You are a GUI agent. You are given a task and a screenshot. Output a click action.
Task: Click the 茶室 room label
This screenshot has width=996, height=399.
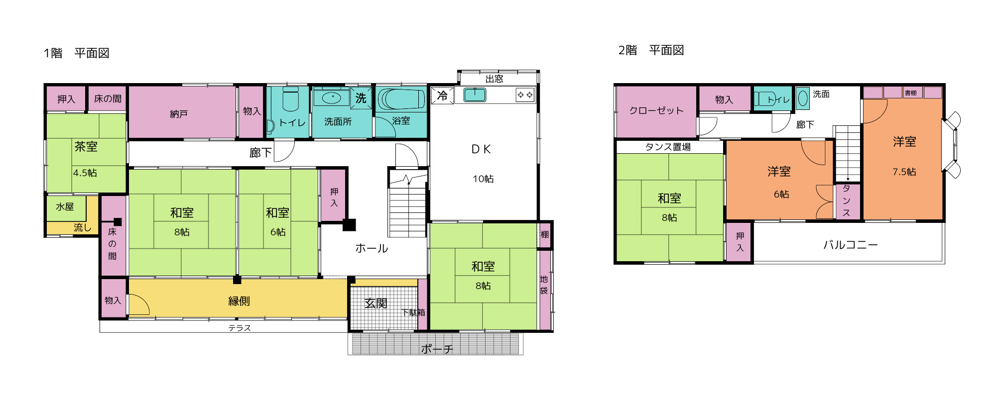click(x=86, y=147)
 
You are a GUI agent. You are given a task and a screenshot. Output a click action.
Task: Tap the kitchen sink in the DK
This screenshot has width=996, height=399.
click(x=475, y=95)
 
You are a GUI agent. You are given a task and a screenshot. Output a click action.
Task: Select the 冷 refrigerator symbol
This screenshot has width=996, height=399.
click(x=442, y=96)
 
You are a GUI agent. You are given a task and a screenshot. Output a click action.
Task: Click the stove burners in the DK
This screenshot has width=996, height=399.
click(x=525, y=95)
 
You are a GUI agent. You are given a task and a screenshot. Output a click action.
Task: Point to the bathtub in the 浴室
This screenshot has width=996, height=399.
click(x=401, y=100)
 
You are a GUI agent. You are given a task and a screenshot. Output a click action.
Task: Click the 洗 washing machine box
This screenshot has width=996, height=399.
click(x=361, y=98)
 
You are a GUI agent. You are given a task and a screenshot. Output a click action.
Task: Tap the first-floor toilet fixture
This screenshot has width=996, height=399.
click(x=290, y=99)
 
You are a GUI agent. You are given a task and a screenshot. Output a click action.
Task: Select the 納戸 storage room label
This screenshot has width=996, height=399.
click(x=179, y=114)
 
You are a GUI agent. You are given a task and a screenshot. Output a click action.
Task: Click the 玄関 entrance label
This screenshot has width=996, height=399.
click(x=375, y=303)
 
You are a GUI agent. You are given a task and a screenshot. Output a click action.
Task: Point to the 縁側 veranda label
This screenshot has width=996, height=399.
click(x=239, y=301)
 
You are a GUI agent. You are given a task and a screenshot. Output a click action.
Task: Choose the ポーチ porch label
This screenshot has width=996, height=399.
click(x=437, y=349)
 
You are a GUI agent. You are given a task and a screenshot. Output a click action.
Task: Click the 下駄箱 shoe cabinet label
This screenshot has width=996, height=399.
click(x=413, y=312)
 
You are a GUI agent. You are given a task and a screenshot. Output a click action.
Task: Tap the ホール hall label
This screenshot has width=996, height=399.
click(x=372, y=248)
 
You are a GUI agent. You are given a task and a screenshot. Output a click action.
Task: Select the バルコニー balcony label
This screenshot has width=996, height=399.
click(x=850, y=245)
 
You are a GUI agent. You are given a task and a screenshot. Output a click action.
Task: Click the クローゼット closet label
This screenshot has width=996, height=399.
click(x=656, y=110)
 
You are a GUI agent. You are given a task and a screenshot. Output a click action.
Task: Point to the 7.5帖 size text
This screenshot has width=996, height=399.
click(x=904, y=172)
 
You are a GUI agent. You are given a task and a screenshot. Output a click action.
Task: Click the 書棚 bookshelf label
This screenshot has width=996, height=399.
click(x=911, y=93)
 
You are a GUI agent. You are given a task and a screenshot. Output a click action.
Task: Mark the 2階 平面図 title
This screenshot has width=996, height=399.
click(x=651, y=50)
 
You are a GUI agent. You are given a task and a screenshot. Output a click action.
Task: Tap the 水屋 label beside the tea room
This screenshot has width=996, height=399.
click(x=65, y=206)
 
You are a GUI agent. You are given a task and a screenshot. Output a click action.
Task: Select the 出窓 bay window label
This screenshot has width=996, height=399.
click(x=494, y=79)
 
